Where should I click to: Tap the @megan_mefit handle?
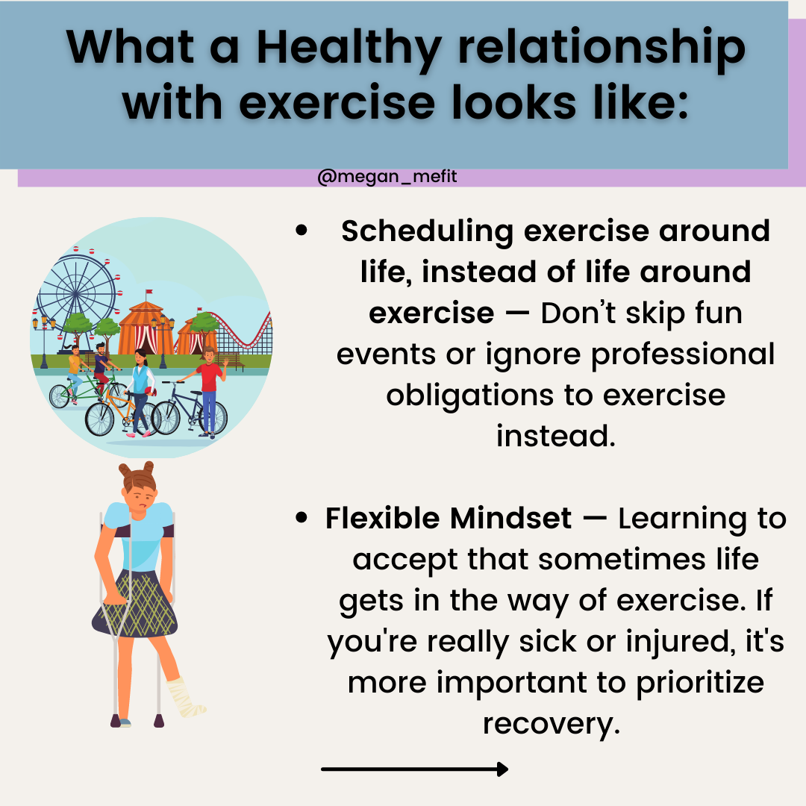(387, 176)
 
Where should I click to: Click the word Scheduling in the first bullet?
(427, 231)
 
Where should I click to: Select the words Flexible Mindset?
(449, 518)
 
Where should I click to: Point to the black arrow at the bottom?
(414, 769)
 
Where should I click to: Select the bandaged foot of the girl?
(185, 698)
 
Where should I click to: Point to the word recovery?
(551, 724)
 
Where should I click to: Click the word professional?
(683, 354)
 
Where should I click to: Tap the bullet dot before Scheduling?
(302, 231)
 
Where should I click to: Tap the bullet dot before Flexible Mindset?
(302, 517)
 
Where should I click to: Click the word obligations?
(469, 396)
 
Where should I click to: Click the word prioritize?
(700, 684)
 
